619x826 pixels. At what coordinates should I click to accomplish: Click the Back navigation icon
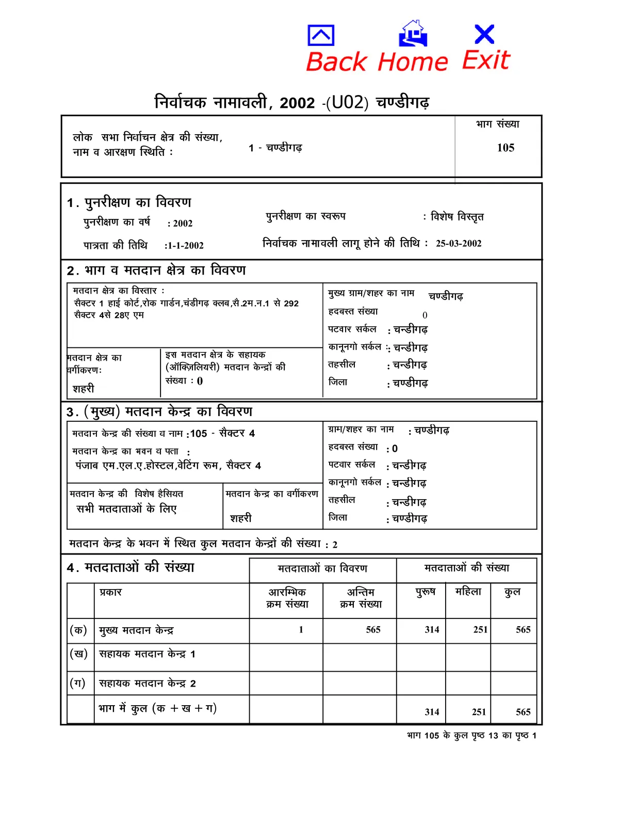321,36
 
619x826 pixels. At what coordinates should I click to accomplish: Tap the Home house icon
413,34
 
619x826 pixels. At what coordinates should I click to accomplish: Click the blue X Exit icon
484,35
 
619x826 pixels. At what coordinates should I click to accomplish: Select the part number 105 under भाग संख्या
506,148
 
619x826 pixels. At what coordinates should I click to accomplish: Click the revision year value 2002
183,224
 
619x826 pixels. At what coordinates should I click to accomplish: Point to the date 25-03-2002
459,244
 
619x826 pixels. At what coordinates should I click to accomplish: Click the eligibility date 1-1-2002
185,246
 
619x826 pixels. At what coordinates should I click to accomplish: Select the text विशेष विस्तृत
457,217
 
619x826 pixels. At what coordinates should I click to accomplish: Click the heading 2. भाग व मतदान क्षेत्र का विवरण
156,271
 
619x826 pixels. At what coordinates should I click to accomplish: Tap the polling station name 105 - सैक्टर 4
222,434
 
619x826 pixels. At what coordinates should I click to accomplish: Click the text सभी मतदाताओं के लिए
126,509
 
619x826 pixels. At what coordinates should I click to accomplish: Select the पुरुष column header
426,592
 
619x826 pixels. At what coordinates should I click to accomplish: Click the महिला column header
468,592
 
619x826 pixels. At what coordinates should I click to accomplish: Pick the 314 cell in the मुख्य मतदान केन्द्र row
432,630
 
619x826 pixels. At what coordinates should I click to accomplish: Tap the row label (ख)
78,654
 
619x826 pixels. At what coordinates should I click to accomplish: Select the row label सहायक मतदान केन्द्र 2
147,684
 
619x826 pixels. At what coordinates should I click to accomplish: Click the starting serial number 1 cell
301,630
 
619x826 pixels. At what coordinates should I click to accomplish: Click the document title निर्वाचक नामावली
210,102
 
